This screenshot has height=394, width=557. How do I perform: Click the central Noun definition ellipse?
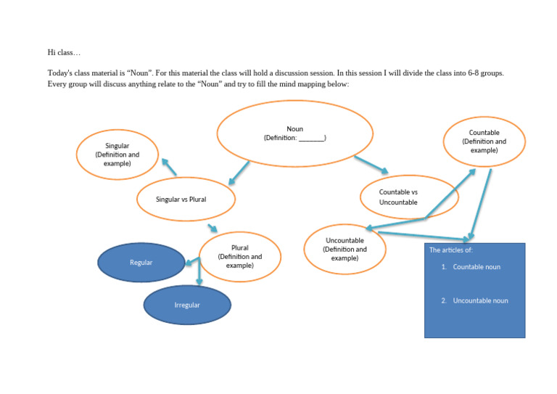tap(294, 133)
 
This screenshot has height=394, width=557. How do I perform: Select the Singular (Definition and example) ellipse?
tap(117, 155)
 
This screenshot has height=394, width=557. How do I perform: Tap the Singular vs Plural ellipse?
tap(186, 199)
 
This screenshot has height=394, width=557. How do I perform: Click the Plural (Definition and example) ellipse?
tap(239, 257)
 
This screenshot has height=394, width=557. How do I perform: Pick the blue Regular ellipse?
tap(141, 262)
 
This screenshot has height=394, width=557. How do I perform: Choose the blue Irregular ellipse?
tap(187, 305)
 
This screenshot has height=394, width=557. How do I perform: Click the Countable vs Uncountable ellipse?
tap(408, 197)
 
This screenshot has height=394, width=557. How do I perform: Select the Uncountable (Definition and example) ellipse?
tap(344, 249)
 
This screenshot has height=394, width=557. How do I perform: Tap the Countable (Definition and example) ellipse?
tap(484, 141)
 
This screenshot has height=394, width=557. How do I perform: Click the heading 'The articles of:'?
tap(451, 250)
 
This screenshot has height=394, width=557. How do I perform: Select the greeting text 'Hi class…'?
tap(64, 52)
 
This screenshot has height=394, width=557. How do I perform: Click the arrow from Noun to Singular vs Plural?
tap(239, 173)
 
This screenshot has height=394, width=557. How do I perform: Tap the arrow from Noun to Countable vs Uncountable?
tap(371, 165)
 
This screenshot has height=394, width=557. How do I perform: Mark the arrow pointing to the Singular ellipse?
tap(169, 168)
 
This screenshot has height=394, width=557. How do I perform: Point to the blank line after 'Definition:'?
tap(312, 138)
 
